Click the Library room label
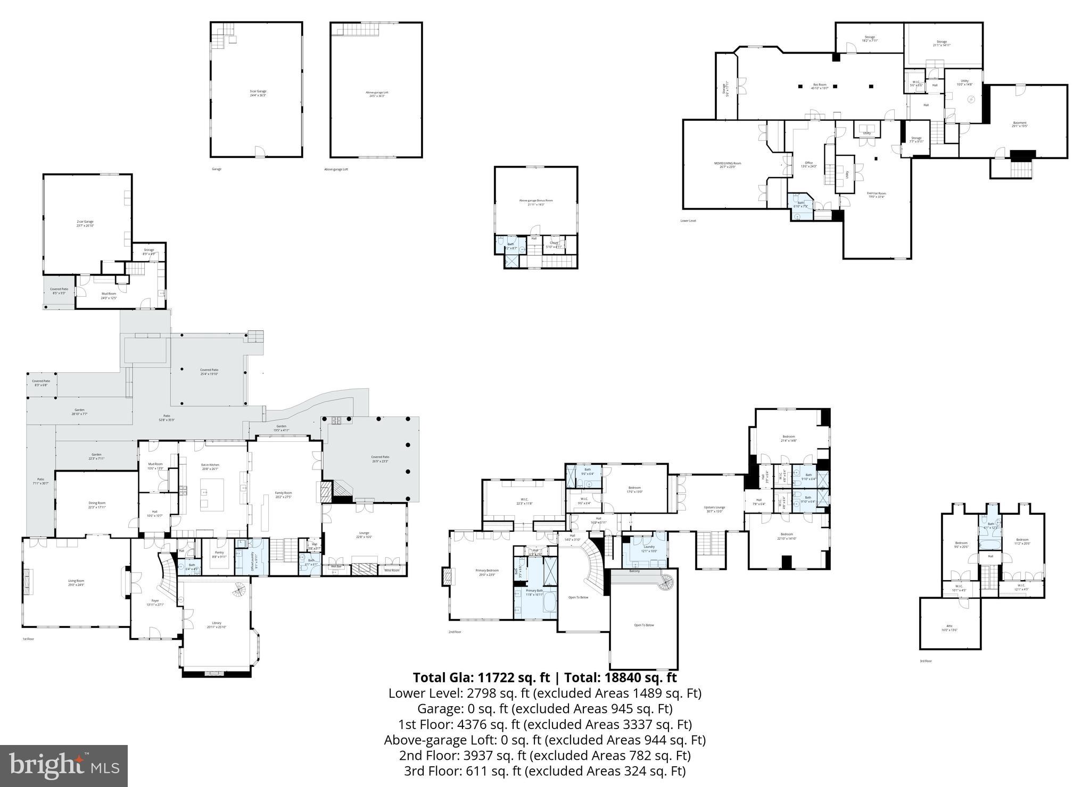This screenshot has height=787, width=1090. point(216,624)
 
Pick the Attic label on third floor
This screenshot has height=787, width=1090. point(949,627)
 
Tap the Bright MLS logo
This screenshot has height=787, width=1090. point(64,766)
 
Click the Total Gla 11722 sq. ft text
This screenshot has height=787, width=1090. point(481,677)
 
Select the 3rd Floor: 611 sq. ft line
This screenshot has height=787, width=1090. point(544,771)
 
